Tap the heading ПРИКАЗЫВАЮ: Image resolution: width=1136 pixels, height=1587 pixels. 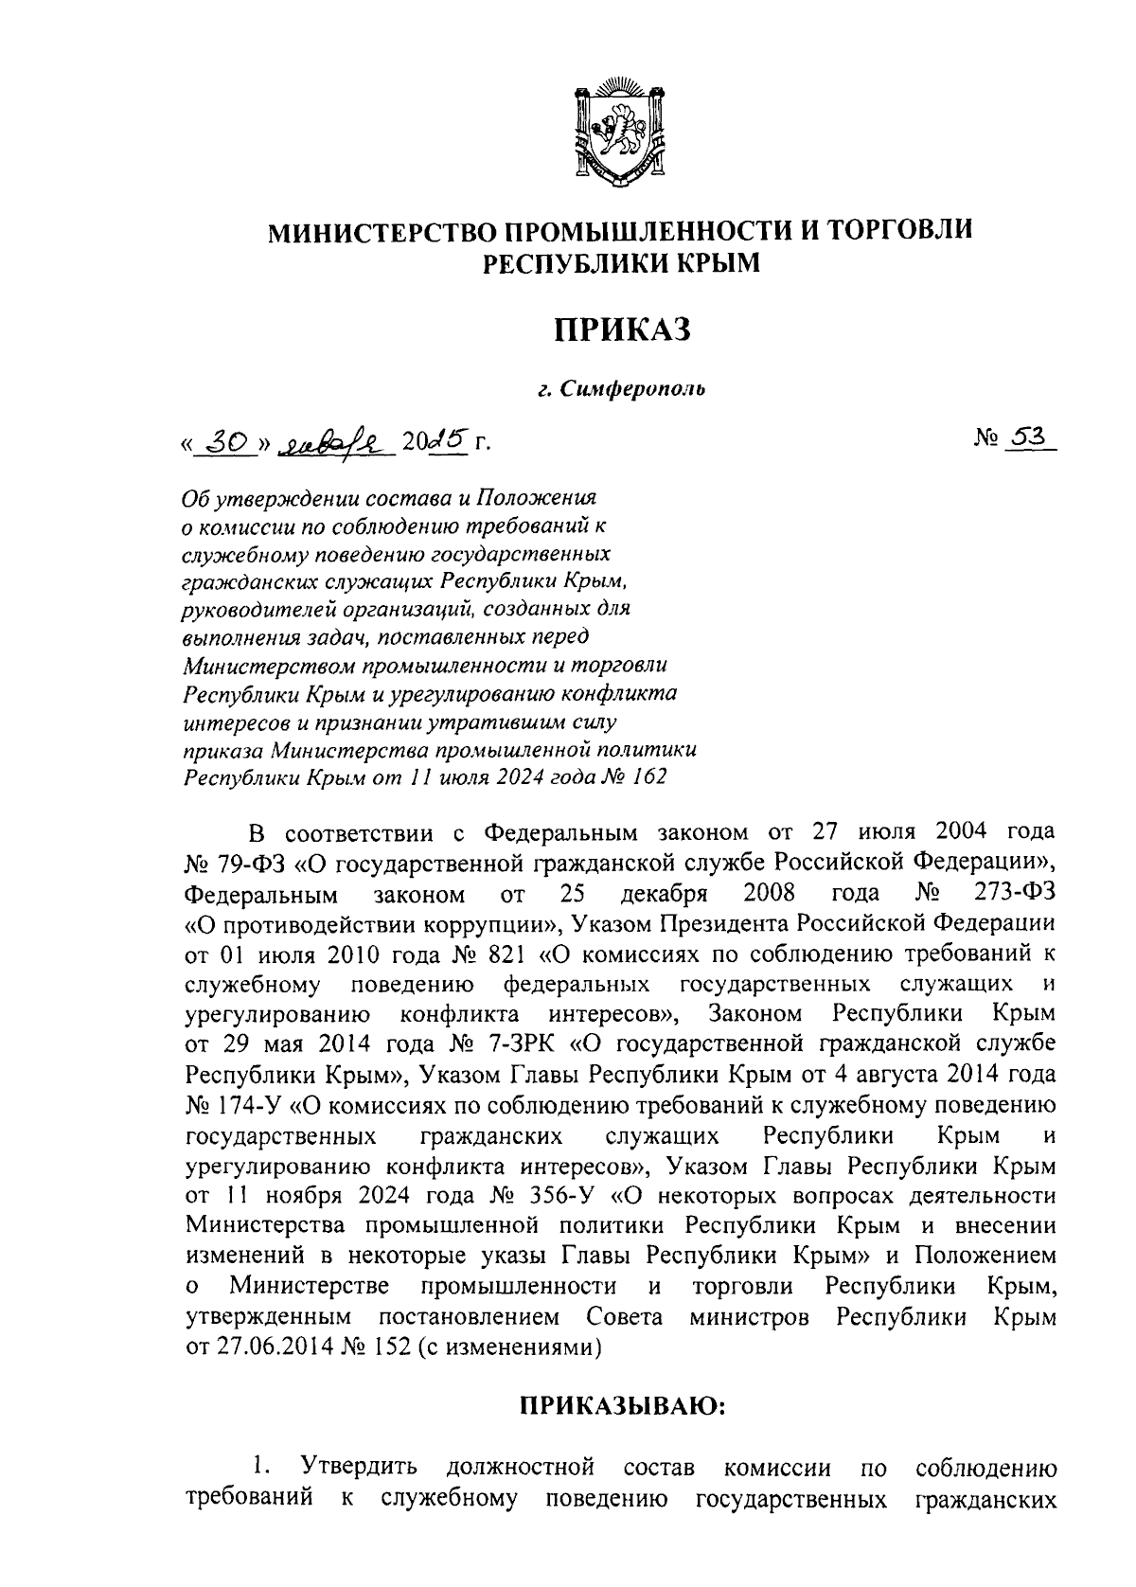coord(621,1405)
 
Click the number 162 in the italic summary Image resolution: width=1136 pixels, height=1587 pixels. coord(647,777)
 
